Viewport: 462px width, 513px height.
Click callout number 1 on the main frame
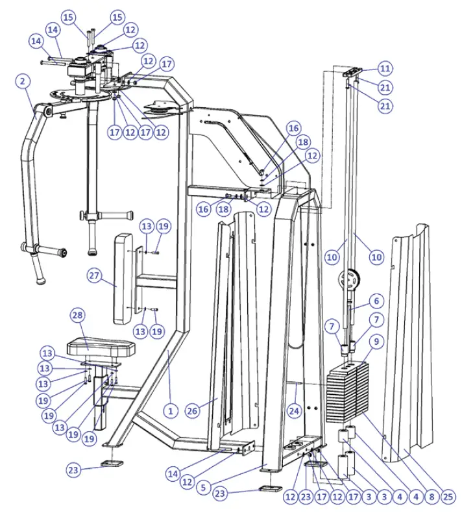170,410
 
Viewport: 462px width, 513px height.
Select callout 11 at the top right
385,68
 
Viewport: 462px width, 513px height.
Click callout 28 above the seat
78,316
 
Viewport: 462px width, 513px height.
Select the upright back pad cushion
123,279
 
